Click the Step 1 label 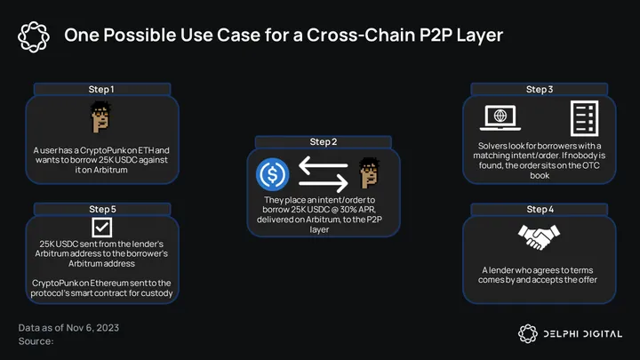[x=100, y=89]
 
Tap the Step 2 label [x=323, y=141]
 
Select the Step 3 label [x=540, y=89]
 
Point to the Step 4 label [x=540, y=209]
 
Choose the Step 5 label [x=100, y=209]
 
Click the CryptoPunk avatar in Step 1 [x=100, y=116]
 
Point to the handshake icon [x=540, y=237]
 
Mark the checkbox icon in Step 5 [x=101, y=227]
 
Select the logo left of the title [x=33, y=35]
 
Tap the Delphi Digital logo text [x=582, y=332]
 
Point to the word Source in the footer [x=36, y=340]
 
